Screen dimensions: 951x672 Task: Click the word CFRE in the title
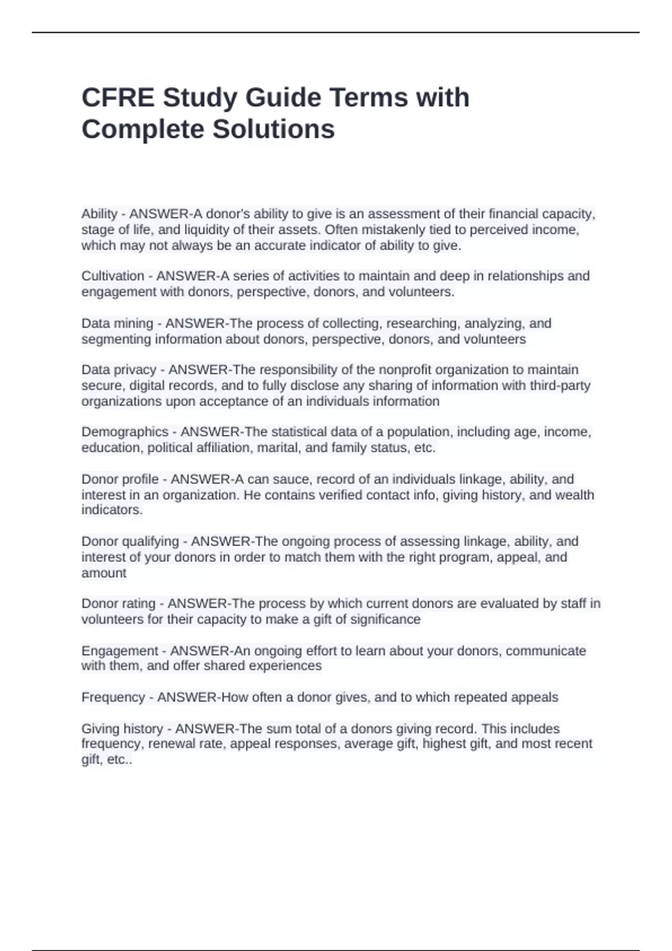click(118, 97)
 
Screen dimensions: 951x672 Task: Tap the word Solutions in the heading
click(273, 129)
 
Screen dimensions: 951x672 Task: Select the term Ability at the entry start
click(99, 214)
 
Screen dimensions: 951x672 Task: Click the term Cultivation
click(113, 276)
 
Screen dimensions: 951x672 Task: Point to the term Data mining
click(117, 324)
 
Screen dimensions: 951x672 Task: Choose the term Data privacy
click(119, 370)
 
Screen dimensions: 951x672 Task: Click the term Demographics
click(125, 432)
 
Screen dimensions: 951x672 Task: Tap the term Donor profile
click(120, 479)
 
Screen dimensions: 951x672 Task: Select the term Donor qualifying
click(130, 542)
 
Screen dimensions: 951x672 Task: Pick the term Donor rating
click(118, 604)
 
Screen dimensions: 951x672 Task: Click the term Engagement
click(120, 651)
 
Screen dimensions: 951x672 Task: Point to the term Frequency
click(113, 698)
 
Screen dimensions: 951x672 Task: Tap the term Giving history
click(122, 729)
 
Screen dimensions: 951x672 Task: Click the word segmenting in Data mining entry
click(116, 340)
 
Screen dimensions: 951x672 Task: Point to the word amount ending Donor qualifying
click(104, 573)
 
